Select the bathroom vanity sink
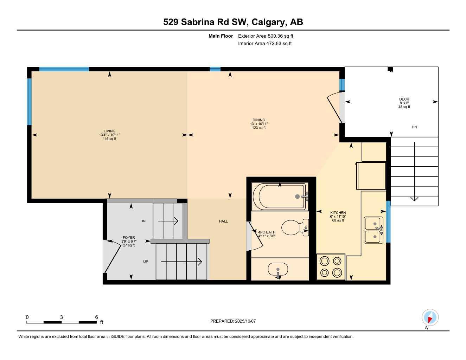pyautogui.click(x=278, y=270)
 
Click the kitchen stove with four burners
pyautogui.click(x=331, y=267)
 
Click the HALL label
pyautogui.click(x=223, y=221)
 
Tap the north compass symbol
pyautogui.click(x=430, y=318)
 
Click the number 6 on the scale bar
pyautogui.click(x=96, y=317)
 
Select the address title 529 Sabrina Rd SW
pyautogui.click(x=233, y=22)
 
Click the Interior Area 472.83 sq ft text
pyautogui.click(x=265, y=44)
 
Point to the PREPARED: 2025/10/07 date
pyautogui.click(x=233, y=321)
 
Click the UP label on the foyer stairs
pyautogui.click(x=146, y=262)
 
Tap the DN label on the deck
pyautogui.click(x=414, y=127)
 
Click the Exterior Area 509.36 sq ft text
pyautogui.click(x=266, y=36)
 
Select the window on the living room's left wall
pyautogui.click(x=30, y=102)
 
